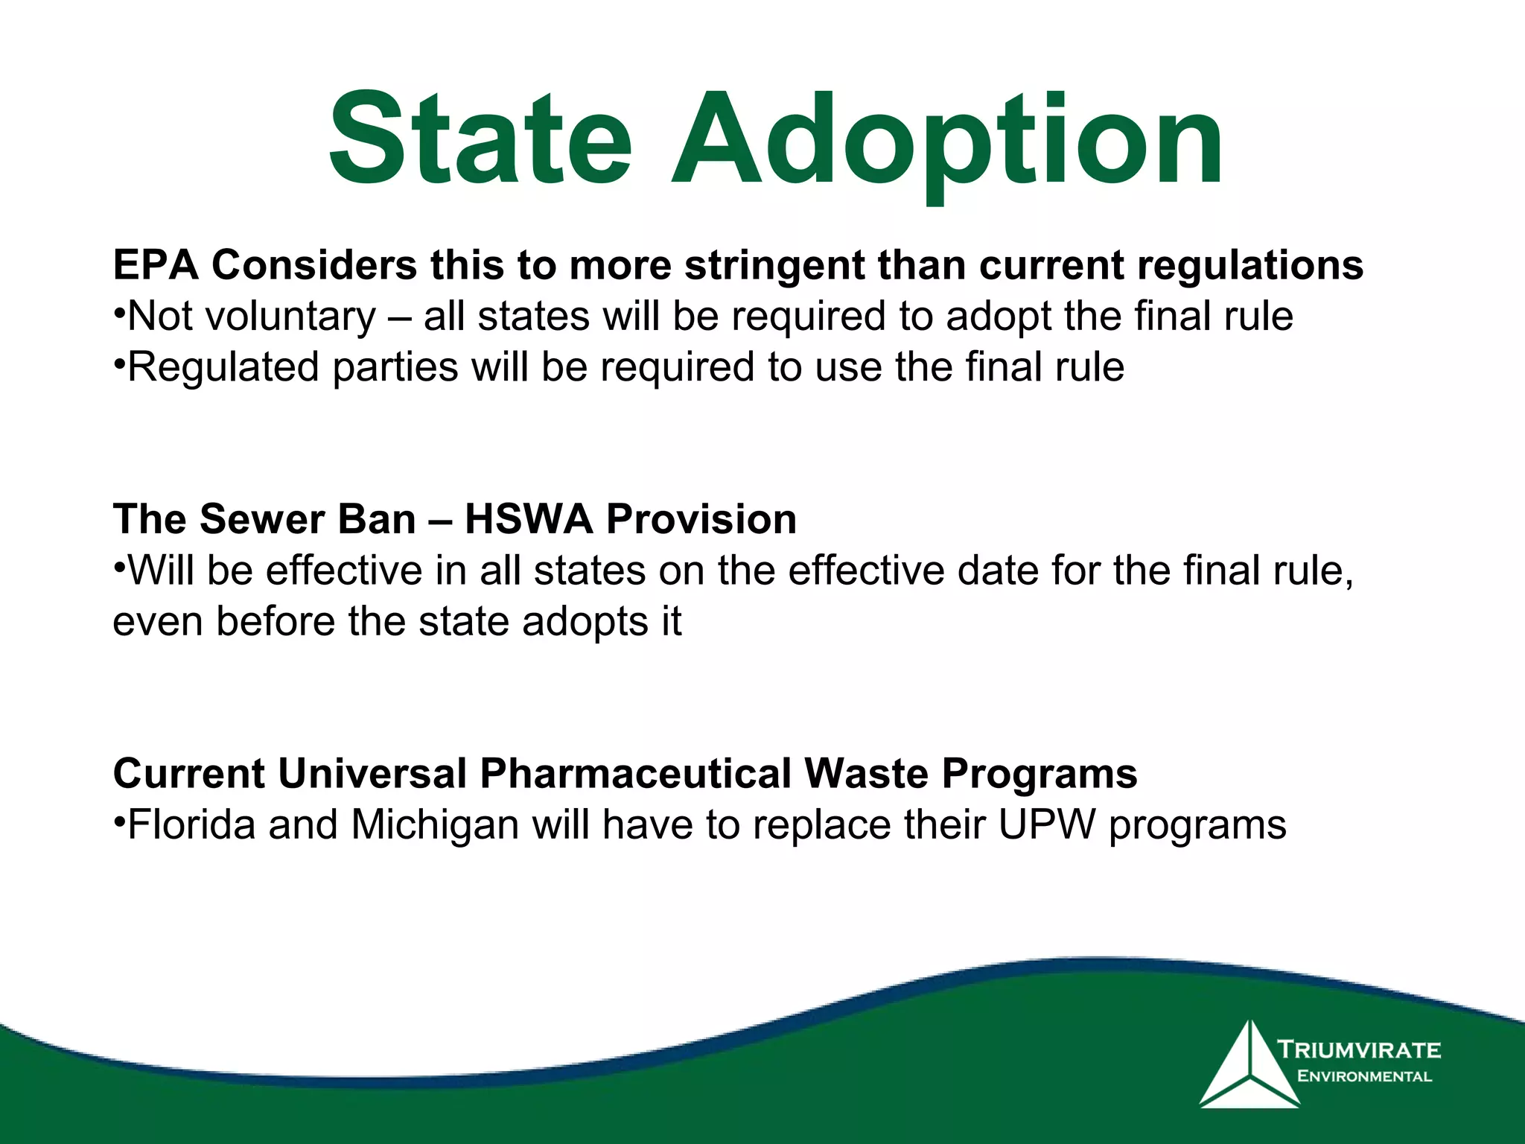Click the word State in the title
click(480, 140)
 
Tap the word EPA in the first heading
click(156, 265)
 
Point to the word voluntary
click(290, 317)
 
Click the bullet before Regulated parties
click(118, 362)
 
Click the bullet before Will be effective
click(118, 565)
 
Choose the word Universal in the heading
click(372, 774)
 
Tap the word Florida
click(191, 825)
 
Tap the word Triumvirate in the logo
click(1359, 1050)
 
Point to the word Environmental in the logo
click(1364, 1076)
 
